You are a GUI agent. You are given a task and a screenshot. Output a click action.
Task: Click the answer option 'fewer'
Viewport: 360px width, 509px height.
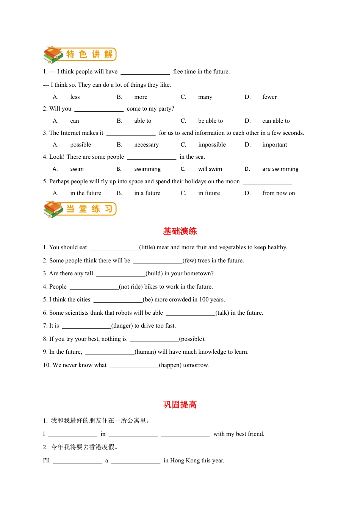[269, 97]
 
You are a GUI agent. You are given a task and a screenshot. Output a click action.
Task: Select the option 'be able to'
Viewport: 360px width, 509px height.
[210, 121]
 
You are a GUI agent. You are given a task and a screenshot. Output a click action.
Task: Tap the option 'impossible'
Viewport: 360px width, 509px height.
[212, 145]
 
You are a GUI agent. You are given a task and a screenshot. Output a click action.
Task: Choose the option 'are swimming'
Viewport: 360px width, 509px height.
[280, 169]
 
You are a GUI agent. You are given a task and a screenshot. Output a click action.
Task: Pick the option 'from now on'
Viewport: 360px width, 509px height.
[279, 193]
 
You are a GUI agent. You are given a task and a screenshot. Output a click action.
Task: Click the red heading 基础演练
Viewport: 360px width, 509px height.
[180, 231]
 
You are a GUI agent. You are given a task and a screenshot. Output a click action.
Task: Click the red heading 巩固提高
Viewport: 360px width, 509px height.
[180, 404]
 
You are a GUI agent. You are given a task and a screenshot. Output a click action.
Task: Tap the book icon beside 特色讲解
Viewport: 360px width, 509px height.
[53, 55]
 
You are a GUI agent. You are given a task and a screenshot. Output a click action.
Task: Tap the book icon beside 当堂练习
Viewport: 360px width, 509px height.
[53, 209]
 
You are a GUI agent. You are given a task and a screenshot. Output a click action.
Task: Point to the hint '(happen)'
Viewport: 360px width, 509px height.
[170, 365]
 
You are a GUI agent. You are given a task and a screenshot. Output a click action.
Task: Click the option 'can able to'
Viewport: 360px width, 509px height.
[276, 121]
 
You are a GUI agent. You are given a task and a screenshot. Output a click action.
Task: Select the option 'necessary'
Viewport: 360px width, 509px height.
[146, 145]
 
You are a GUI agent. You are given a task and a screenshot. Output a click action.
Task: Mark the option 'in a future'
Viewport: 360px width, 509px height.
[147, 193]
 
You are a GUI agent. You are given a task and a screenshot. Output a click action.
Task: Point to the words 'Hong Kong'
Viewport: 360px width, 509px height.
[185, 461]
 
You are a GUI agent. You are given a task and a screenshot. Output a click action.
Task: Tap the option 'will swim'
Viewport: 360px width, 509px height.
[210, 169]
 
